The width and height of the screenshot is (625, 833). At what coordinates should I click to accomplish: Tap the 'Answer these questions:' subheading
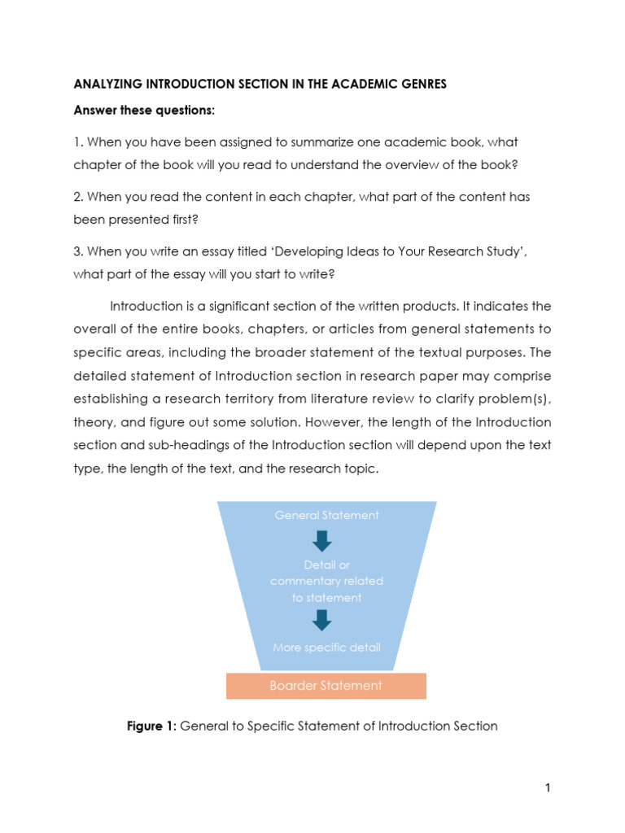144,110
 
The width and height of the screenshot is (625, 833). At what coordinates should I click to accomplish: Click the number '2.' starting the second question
79,197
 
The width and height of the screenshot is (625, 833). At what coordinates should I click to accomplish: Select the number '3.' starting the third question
79,251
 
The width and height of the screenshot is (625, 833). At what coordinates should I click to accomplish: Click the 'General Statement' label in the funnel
326,515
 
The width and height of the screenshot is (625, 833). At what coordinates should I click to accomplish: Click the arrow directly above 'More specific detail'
322,620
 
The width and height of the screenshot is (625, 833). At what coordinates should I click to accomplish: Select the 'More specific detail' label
326,648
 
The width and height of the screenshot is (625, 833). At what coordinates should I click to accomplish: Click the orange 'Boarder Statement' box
326,686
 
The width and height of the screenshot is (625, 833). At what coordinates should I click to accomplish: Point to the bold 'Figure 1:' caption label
151,726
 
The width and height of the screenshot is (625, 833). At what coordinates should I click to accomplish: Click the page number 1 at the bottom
548,787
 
